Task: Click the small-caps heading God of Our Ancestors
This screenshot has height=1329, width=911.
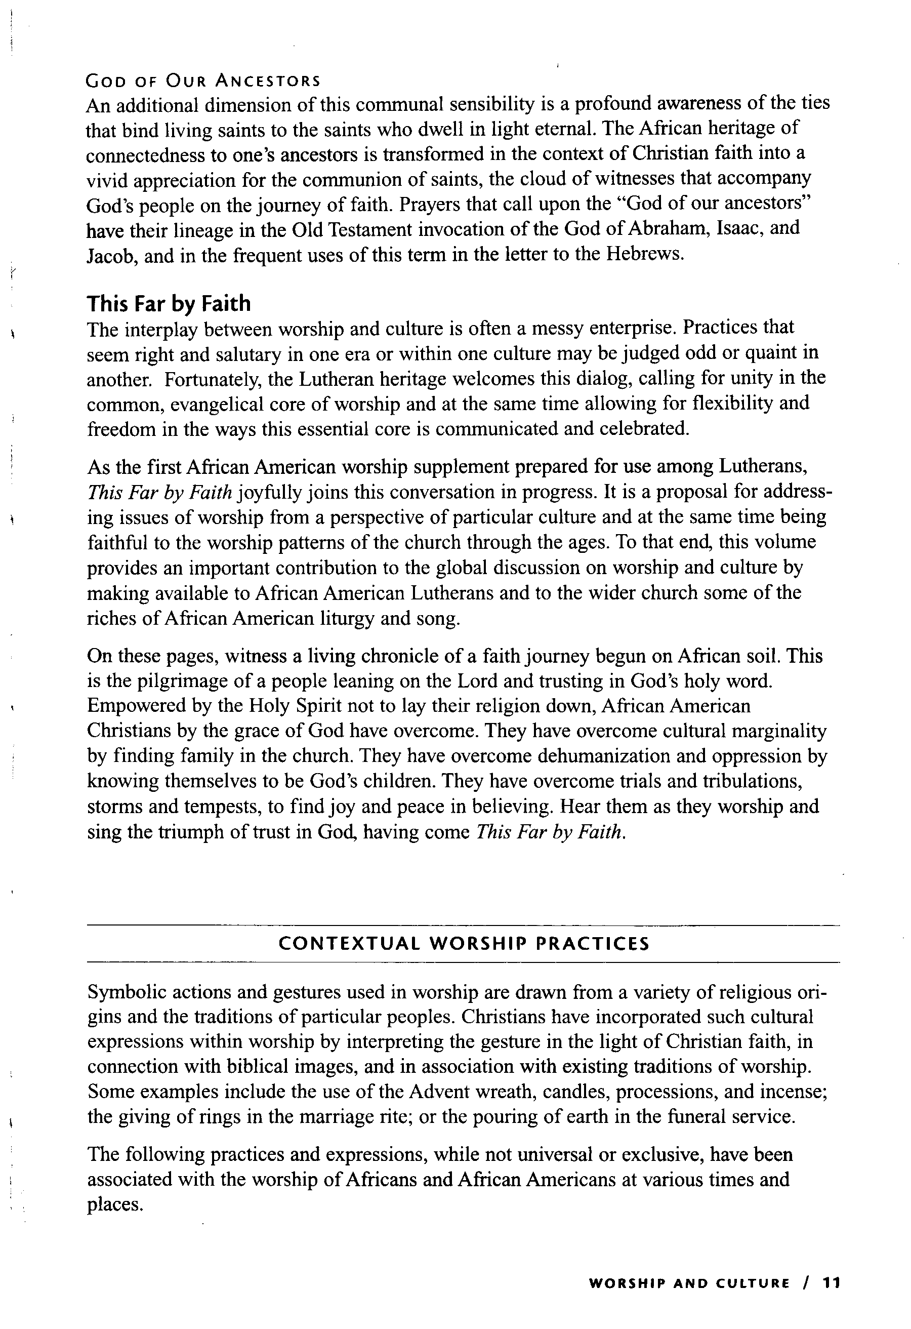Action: [203, 80]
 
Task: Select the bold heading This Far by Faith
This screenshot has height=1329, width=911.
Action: [169, 303]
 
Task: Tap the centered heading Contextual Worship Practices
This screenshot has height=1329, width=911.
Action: [464, 943]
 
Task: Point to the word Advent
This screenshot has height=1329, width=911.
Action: [437, 1092]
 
